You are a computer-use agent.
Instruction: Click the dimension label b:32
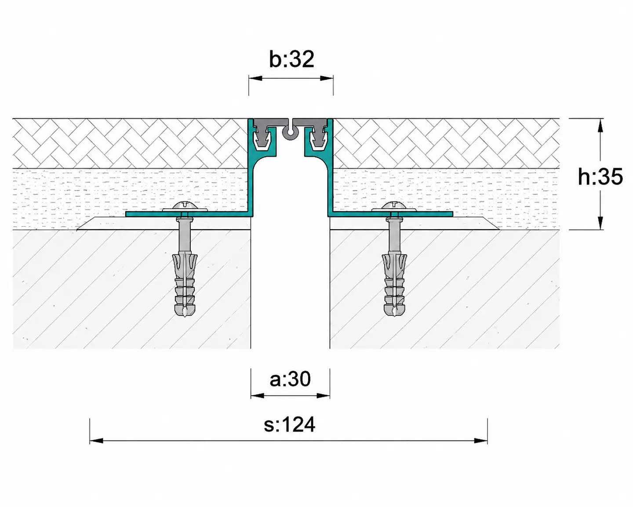[x=291, y=59]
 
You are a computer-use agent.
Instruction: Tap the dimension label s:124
[x=289, y=425]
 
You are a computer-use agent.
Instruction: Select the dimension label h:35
[x=600, y=177]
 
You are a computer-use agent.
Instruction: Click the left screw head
[x=185, y=206]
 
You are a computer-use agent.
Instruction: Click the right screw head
[x=394, y=206]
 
